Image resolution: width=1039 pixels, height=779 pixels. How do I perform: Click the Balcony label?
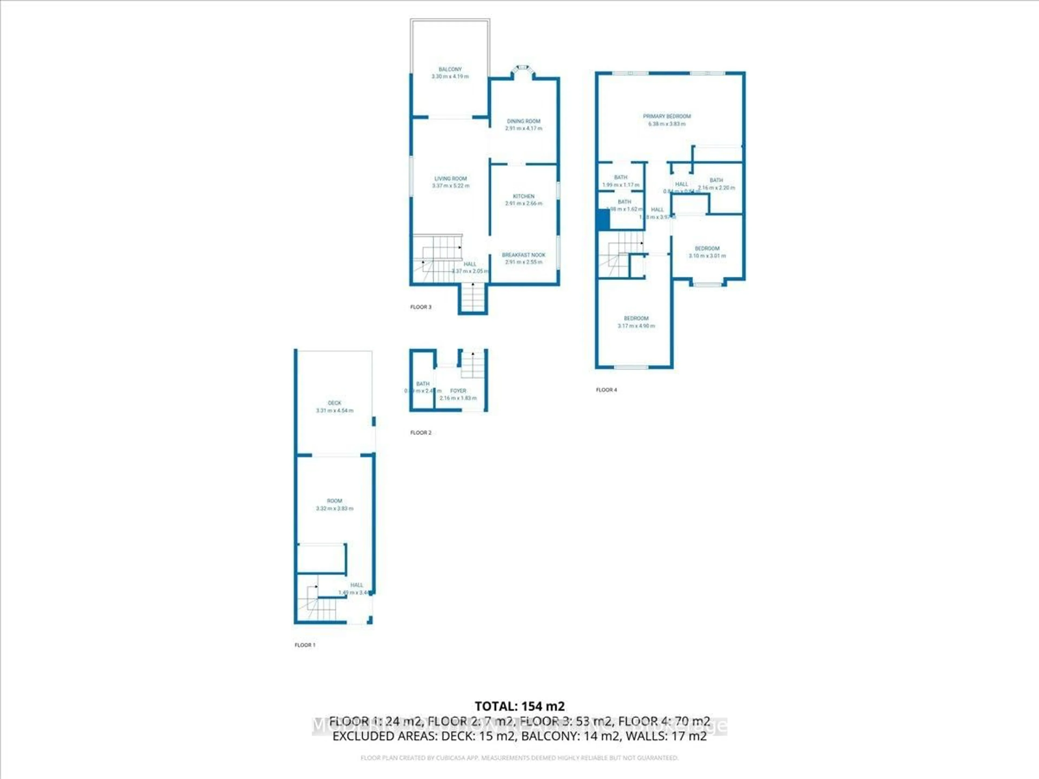pos(450,69)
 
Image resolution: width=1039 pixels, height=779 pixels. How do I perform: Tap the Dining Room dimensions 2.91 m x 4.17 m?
pos(524,128)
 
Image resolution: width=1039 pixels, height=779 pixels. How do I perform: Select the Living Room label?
pos(451,179)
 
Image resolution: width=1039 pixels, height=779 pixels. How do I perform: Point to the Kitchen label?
pos(524,196)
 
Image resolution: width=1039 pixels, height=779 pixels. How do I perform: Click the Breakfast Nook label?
pos(524,255)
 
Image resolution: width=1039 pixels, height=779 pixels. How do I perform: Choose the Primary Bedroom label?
pos(666,117)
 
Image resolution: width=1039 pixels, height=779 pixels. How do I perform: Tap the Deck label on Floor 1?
pos(334,403)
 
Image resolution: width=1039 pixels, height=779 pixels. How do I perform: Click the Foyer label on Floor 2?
pos(458,391)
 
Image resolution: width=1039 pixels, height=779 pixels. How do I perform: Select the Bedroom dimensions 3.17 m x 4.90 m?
pos(636,326)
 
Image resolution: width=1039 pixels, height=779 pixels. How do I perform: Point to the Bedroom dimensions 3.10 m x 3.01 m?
pos(707,256)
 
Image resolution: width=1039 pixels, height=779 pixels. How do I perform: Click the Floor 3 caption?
pos(420,307)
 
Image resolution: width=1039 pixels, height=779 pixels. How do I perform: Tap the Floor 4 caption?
pos(606,390)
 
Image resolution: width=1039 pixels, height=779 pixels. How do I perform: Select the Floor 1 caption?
pos(305,645)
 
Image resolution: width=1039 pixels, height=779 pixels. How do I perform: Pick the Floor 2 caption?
pos(420,433)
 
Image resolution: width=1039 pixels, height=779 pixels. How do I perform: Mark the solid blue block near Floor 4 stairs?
pos(603,220)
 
